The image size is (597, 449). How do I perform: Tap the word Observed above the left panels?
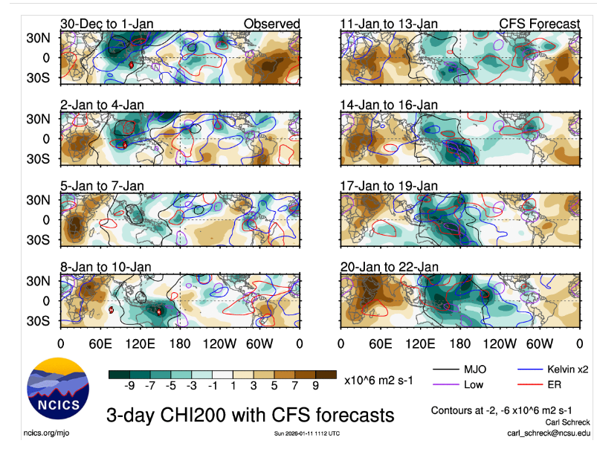271,25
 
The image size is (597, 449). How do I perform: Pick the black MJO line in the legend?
446,367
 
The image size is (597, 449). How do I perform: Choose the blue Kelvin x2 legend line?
529,367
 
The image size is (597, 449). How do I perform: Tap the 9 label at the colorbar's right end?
314,386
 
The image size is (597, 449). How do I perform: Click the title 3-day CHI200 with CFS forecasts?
251,414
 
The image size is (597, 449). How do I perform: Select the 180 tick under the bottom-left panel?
179,343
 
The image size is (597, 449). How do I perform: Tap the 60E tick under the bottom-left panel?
100,343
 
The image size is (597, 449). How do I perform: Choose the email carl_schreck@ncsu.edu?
549,432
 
